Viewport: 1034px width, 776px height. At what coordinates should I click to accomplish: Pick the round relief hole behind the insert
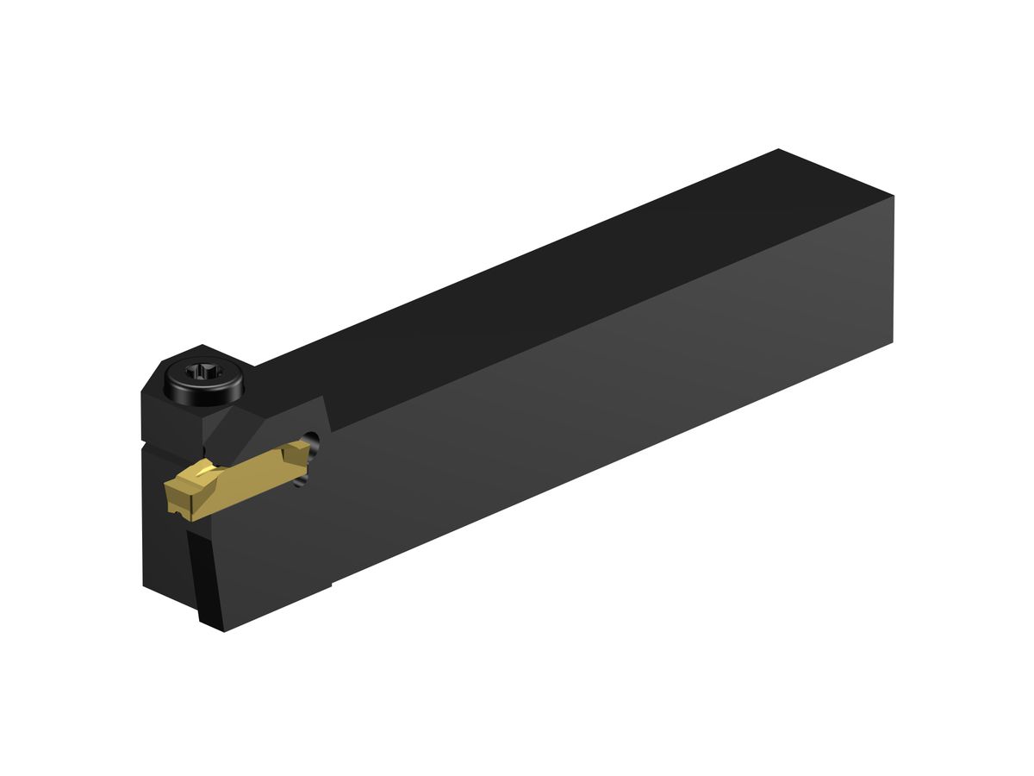[315, 445]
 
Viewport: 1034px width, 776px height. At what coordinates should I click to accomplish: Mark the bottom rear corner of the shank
[893, 342]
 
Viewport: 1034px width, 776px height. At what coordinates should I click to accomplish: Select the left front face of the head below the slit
[164, 552]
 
